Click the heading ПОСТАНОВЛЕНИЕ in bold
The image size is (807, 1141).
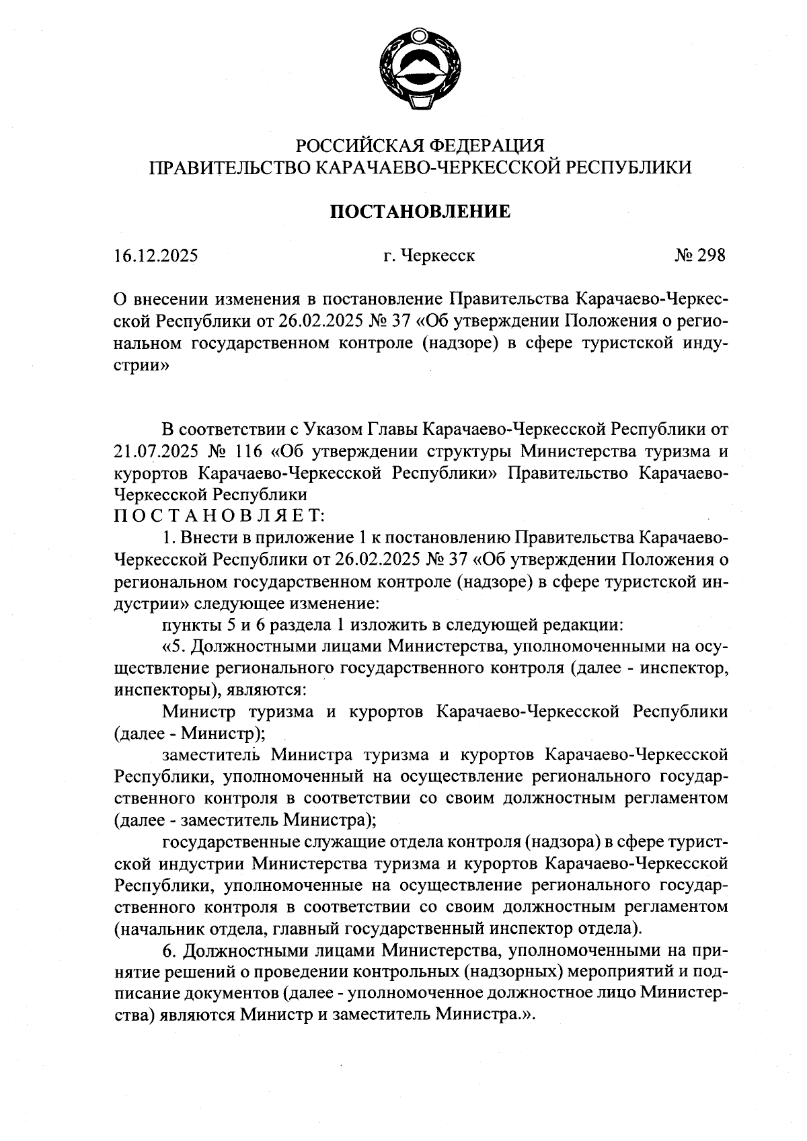point(420,212)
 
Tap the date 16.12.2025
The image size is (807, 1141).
point(156,256)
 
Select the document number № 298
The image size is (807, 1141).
point(700,256)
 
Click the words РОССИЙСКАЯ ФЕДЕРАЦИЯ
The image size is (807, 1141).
point(420,145)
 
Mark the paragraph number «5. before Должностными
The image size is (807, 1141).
point(178,647)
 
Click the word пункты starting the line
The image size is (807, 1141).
point(190,625)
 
